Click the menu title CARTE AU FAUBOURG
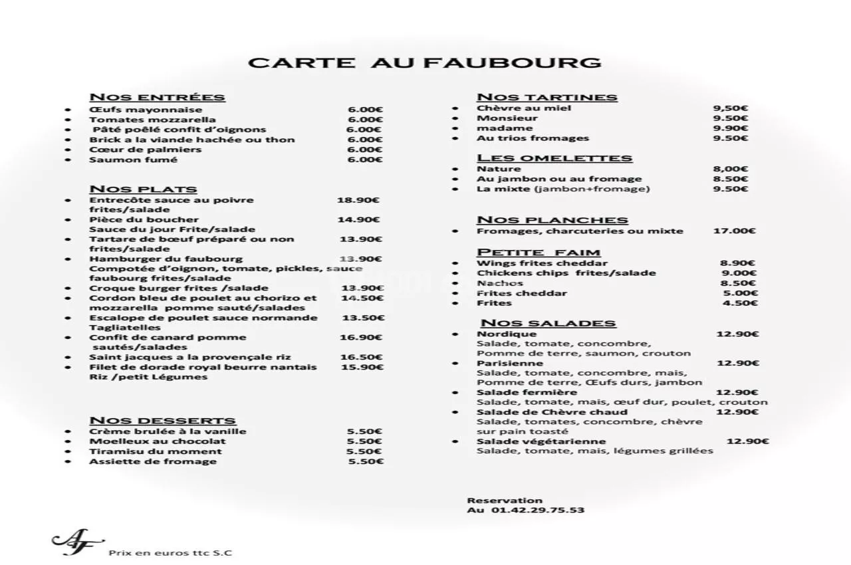pyautogui.click(x=424, y=63)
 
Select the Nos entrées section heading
pyautogui.click(x=157, y=97)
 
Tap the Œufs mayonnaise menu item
pyautogui.click(x=146, y=110)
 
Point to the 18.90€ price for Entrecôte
pyautogui.click(x=358, y=199)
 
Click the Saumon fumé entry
pyautogui.click(x=133, y=160)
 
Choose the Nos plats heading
pyautogui.click(x=143, y=189)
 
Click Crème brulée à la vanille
pyautogui.click(x=168, y=431)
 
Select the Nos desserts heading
pyautogui.click(x=162, y=420)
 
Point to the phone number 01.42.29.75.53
pyautogui.click(x=538, y=510)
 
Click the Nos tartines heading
pyautogui.click(x=547, y=97)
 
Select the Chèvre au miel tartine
pyautogui.click(x=524, y=108)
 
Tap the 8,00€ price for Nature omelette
pyautogui.click(x=730, y=169)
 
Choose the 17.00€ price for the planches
pyautogui.click(x=734, y=231)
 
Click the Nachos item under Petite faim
pyautogui.click(x=499, y=283)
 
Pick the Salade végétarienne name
pyautogui.click(x=541, y=441)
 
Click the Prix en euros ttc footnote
pyautogui.click(x=170, y=553)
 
